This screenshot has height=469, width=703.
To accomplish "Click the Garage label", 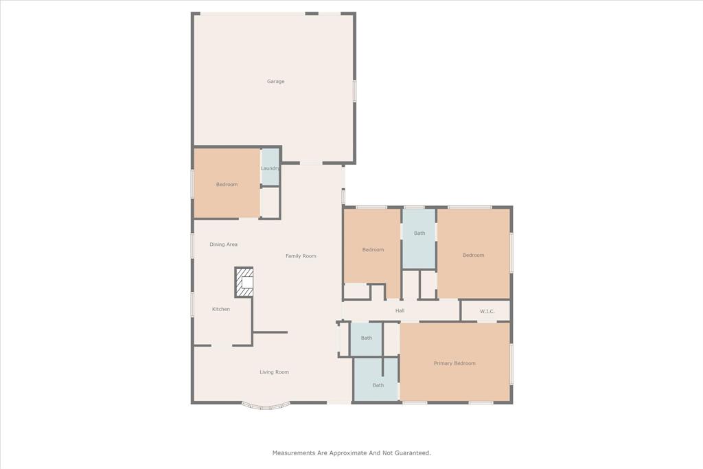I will [x=275, y=82].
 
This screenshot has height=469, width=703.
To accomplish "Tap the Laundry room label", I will [x=270, y=168].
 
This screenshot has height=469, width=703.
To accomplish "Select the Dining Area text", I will [x=224, y=244].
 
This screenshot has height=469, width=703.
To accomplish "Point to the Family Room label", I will [x=301, y=256].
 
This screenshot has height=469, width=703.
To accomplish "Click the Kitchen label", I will [x=221, y=309].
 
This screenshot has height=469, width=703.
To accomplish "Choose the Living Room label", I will [x=274, y=372].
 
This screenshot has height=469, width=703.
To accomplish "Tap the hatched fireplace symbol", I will [x=244, y=282].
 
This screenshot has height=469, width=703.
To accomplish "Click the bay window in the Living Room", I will [x=266, y=406].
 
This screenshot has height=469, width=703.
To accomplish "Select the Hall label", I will [x=400, y=311].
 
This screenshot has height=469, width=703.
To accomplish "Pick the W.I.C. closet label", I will [x=487, y=312].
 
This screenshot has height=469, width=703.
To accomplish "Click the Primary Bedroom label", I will [x=454, y=363].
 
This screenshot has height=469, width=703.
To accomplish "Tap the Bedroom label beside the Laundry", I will [x=227, y=185].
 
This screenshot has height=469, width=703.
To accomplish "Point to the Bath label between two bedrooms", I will [x=419, y=233].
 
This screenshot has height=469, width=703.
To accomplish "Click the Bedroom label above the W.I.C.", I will [x=473, y=255].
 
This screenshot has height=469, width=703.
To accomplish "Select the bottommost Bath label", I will [x=378, y=385].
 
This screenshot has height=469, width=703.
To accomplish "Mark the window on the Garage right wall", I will [x=354, y=91].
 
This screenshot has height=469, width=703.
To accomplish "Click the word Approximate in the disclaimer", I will [x=357, y=453].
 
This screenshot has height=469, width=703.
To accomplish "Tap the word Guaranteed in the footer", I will [x=411, y=453].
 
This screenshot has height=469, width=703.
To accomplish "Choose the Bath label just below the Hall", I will [x=367, y=338].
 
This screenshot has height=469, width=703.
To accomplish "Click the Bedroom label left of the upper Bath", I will [x=373, y=250].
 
